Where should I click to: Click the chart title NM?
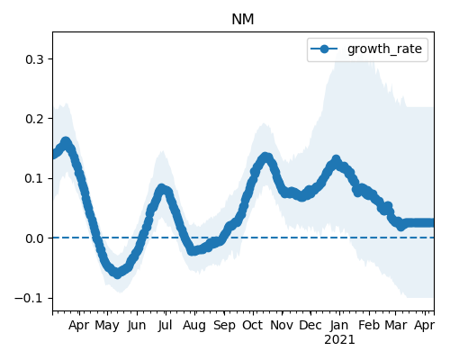[x=243, y=20]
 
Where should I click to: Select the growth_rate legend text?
[x=384, y=49]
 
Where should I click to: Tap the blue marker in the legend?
[x=324, y=49]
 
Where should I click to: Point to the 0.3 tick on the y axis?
[x=34, y=59]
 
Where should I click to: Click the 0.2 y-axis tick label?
[x=34, y=119]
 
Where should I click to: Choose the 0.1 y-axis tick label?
[x=34, y=179]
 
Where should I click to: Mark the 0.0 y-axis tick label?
[x=34, y=238]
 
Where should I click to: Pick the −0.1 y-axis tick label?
[x=29, y=299]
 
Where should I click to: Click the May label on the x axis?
[x=107, y=326]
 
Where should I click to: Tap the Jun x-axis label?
[x=137, y=326]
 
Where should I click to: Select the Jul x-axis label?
[x=166, y=325]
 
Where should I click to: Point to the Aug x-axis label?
[x=194, y=326]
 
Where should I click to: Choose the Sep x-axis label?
[x=224, y=326]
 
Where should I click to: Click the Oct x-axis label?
[x=253, y=325]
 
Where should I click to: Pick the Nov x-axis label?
[x=282, y=325]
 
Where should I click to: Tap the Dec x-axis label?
[x=310, y=325]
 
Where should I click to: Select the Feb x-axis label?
[x=369, y=325]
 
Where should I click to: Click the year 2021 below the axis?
[x=339, y=340]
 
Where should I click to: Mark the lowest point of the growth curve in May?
[x=117, y=274]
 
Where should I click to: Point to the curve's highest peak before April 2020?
[x=66, y=141]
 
